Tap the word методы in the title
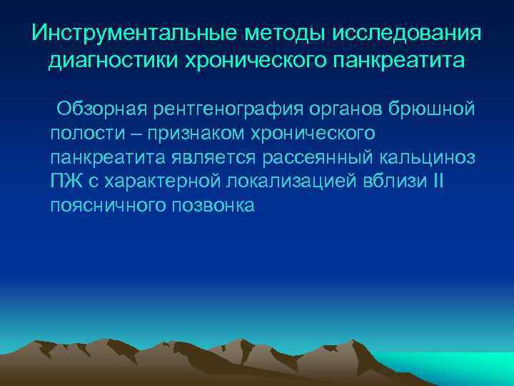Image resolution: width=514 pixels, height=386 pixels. point(274,33)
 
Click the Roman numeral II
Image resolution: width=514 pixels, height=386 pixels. point(438,180)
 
